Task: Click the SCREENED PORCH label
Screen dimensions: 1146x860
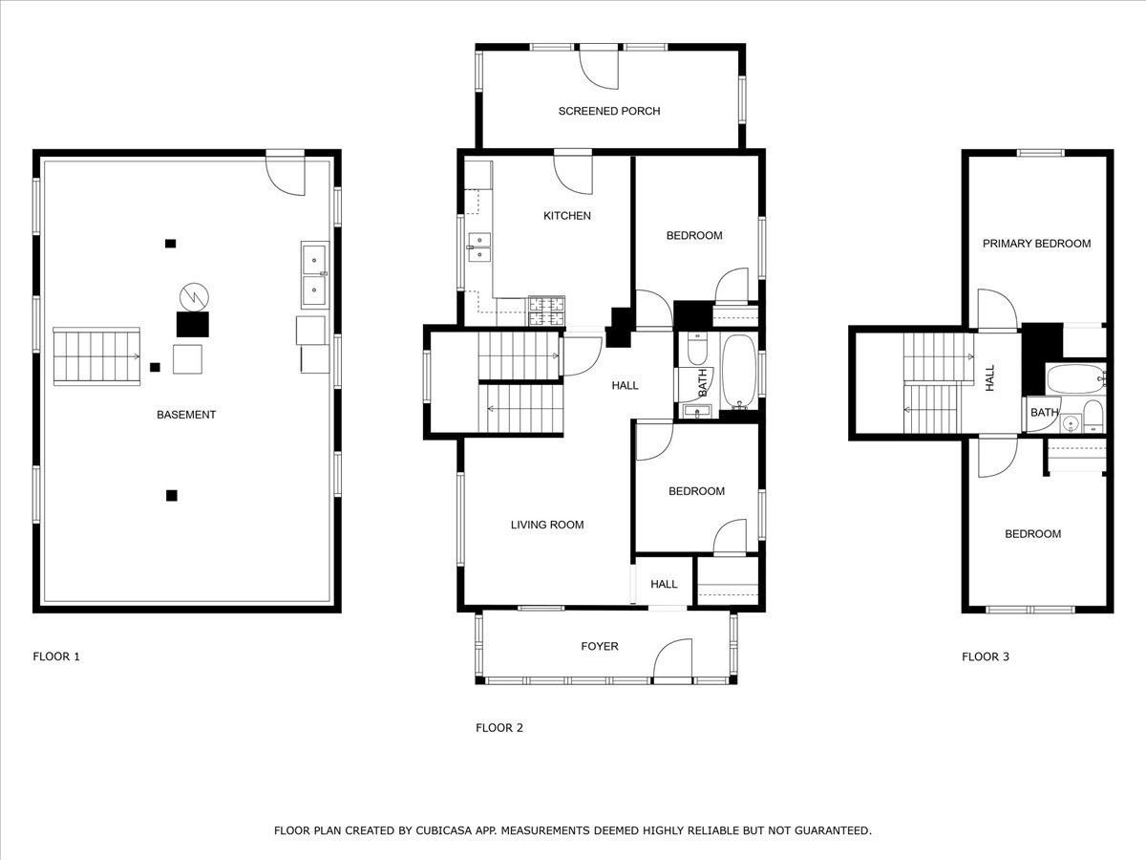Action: click(x=608, y=111)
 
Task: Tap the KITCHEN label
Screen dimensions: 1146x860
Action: click(x=567, y=216)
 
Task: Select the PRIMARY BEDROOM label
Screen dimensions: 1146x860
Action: click(x=1036, y=244)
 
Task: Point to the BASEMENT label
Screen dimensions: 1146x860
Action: click(x=186, y=415)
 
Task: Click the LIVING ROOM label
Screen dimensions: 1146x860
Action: click(x=547, y=525)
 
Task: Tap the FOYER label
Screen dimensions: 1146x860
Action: click(x=600, y=646)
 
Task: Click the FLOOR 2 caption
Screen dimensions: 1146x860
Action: click(x=499, y=728)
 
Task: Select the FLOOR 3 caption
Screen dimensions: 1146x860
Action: click(x=986, y=656)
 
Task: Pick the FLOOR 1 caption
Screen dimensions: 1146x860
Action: click(x=56, y=656)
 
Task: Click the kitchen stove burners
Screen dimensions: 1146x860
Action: click(x=546, y=312)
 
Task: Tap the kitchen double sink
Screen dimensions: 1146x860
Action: click(x=479, y=247)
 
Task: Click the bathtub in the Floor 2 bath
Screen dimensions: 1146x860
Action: click(x=739, y=372)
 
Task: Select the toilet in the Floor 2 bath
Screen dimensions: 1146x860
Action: click(x=696, y=348)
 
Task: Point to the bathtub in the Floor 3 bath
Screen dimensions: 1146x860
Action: click(x=1075, y=378)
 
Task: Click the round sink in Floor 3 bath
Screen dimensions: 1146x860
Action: click(x=1071, y=422)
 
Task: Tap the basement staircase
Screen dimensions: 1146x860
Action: click(x=96, y=356)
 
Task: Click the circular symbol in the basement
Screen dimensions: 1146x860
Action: click(x=194, y=297)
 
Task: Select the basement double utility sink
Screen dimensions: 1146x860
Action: click(x=315, y=274)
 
